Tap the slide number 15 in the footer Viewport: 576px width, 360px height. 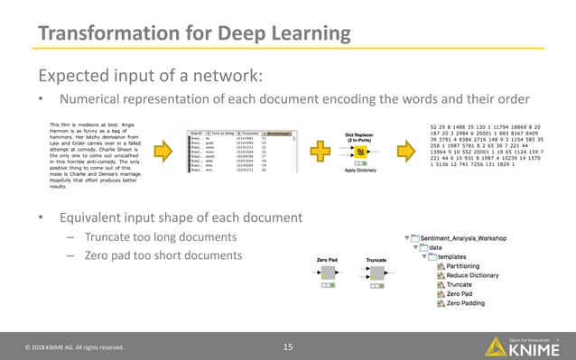pos(288,346)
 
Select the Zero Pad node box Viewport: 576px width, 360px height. pos(329,273)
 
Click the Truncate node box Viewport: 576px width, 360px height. pos(376,273)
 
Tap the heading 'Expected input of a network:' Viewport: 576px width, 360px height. pos(148,75)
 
